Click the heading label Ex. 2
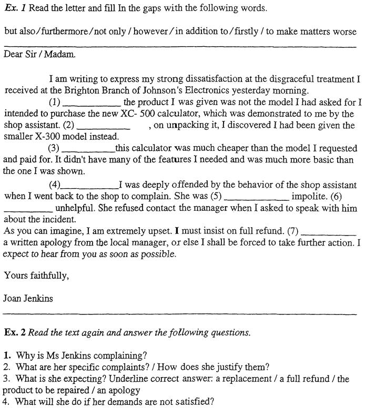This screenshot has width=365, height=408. [14, 332]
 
